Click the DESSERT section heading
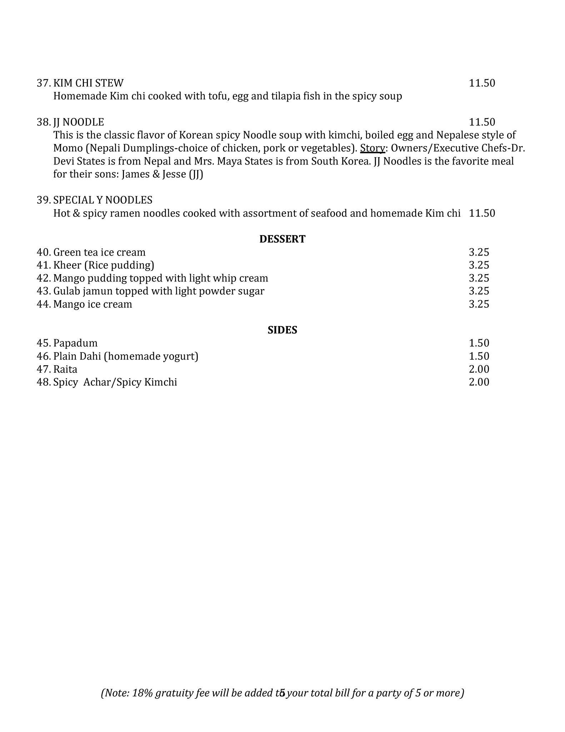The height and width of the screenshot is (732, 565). tap(282, 239)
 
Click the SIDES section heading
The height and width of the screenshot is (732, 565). tap(282, 330)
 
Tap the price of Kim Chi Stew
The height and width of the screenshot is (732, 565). tap(482, 83)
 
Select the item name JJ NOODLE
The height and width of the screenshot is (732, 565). tap(79, 122)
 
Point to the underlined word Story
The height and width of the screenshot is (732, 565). tap(372, 148)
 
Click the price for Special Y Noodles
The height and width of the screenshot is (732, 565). tap(482, 213)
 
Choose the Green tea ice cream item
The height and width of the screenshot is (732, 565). tap(99, 252)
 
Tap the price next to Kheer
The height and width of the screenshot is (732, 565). tap(479, 265)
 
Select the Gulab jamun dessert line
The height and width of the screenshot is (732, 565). tap(159, 291)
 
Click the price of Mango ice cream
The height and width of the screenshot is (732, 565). tap(479, 304)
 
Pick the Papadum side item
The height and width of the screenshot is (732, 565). tap(75, 343)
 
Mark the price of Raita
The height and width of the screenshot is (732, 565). tap(479, 369)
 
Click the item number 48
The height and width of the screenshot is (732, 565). tap(43, 382)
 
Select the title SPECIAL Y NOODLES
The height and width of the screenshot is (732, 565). tap(103, 200)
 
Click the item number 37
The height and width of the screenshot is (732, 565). tap(43, 83)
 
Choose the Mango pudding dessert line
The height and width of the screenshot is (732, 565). tap(160, 278)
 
